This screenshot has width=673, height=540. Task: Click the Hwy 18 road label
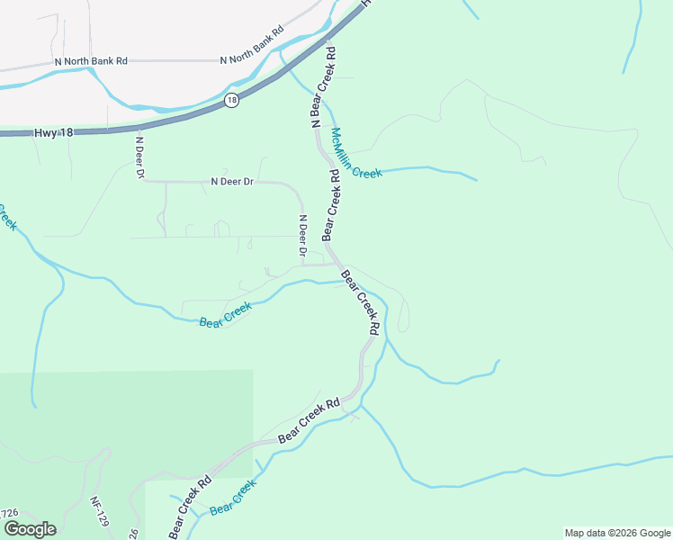click(53, 132)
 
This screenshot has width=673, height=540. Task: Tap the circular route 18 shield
click(232, 100)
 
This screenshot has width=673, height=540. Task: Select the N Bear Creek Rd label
click(323, 86)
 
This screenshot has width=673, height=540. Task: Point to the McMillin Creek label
click(356, 152)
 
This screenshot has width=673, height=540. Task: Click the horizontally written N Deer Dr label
click(232, 181)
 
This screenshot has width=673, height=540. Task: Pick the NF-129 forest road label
click(101, 514)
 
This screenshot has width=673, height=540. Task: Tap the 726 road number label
click(9, 513)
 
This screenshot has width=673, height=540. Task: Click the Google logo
click(30, 529)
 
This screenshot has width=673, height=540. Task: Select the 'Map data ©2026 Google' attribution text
click(617, 533)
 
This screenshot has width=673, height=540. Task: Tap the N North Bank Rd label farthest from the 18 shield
click(91, 60)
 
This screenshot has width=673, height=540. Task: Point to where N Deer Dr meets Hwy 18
click(135, 128)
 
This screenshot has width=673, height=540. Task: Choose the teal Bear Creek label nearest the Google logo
click(232, 498)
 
